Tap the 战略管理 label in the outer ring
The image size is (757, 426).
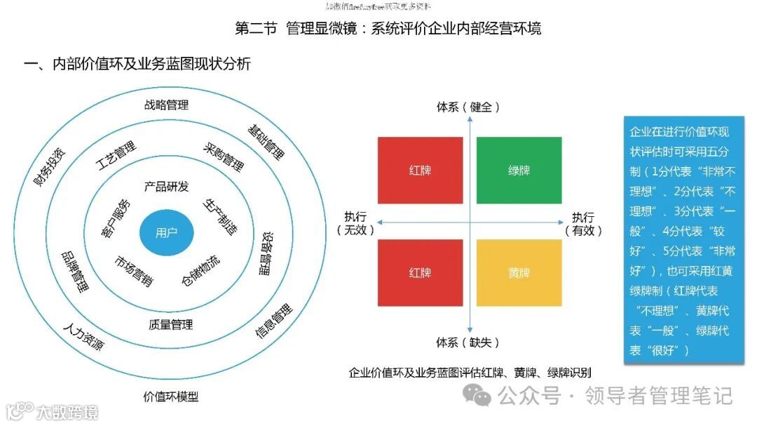click(166, 105)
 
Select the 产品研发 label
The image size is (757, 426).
click(166, 187)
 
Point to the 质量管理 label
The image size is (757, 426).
click(170, 325)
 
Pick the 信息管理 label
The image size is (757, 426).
click(273, 321)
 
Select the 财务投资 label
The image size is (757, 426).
click(50, 164)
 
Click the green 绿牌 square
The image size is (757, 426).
click(519, 171)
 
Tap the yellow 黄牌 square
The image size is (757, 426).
click(519, 272)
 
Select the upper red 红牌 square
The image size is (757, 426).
click(420, 171)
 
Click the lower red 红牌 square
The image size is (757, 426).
click(420, 272)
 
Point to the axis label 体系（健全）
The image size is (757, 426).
click(468, 107)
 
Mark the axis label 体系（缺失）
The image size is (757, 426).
click(468, 342)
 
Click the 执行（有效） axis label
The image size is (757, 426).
click(583, 223)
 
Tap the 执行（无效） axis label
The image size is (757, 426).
click(355, 223)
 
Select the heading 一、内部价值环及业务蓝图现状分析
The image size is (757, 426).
click(137, 64)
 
